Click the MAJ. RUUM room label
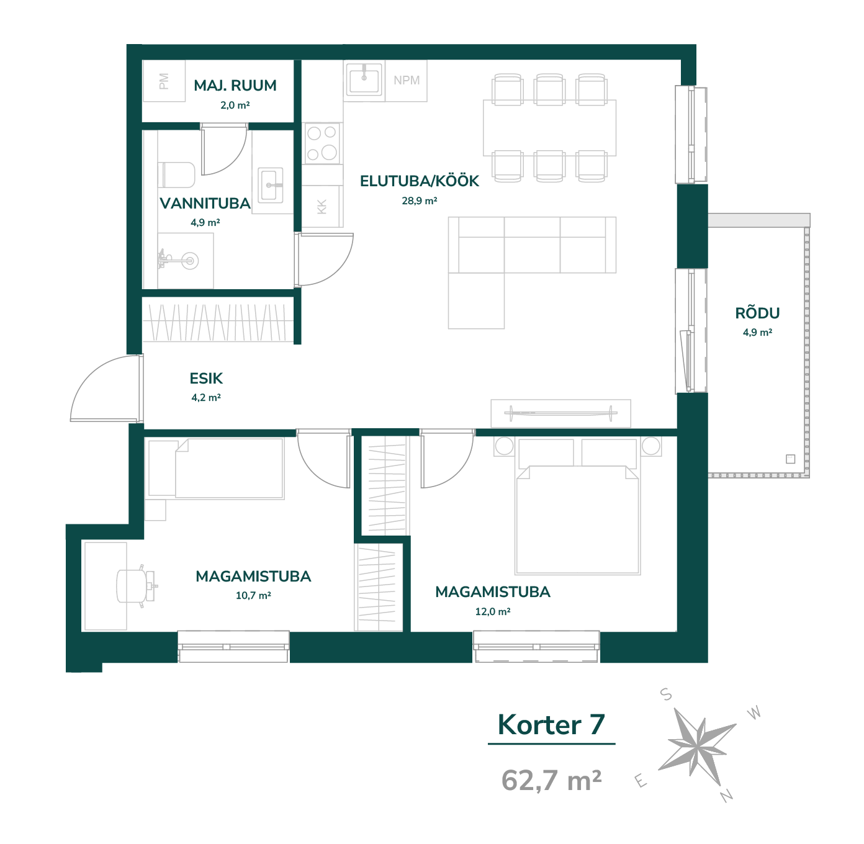point(235,85)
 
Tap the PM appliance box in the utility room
point(163,81)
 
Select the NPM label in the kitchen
point(407,80)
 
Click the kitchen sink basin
point(364,80)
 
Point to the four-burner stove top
point(322,143)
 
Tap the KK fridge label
point(322,207)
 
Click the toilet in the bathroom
point(177,175)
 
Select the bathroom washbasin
point(271,185)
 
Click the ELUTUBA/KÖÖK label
point(419,181)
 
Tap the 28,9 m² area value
point(420,200)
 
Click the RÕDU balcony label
point(757,313)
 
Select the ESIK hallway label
point(206,379)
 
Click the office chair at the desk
point(135,586)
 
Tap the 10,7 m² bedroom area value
point(253,595)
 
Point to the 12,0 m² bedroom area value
point(493,611)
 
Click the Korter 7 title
point(551,725)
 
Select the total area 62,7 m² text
point(551,780)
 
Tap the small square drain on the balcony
point(790,459)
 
